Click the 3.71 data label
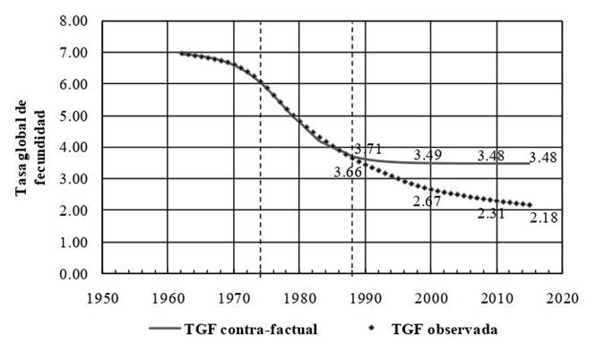pyautogui.click(x=369, y=149)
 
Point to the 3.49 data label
pyautogui.click(x=428, y=155)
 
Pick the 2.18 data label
pyautogui.click(x=544, y=218)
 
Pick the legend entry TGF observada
pyautogui.click(x=445, y=330)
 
